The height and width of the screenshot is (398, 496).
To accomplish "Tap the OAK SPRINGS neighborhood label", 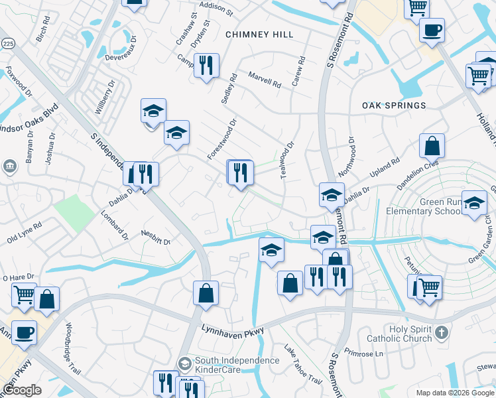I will click(394, 105).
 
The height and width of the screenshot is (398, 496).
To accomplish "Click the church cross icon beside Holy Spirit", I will click(442, 330).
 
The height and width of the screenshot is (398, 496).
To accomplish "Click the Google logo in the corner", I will click(22, 390).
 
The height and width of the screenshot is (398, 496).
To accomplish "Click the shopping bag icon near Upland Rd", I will click(431, 145).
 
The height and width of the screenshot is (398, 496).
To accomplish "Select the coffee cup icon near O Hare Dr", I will click(24, 332).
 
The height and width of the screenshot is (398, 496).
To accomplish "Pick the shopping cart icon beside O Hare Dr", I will click(25, 294).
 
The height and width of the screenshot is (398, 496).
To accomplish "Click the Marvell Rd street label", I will click(265, 81).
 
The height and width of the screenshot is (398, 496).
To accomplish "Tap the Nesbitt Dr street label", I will click(156, 237).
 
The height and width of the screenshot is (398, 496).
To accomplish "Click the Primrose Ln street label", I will click(369, 354).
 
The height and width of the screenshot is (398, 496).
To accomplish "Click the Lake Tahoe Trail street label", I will click(303, 365).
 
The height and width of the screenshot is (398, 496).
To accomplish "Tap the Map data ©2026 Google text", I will click(455, 393).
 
